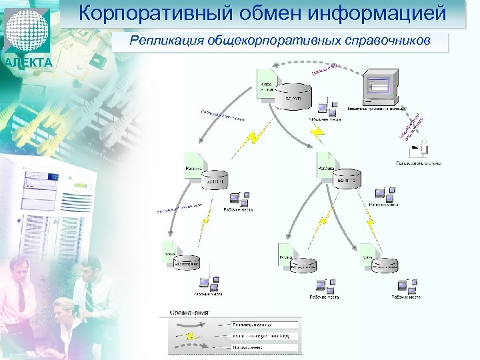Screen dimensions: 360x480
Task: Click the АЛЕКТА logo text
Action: (27, 63)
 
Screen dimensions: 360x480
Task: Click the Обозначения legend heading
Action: (190, 312)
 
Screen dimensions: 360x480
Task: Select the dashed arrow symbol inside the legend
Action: (193, 348)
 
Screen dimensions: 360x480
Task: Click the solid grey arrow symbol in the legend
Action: (193, 324)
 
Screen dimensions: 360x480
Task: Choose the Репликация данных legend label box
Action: (265, 324)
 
